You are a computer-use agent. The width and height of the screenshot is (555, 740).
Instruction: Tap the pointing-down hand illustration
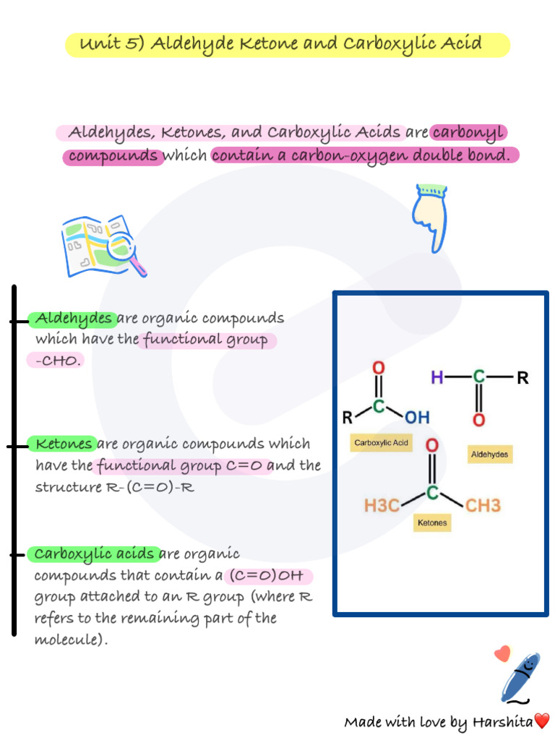click(430, 217)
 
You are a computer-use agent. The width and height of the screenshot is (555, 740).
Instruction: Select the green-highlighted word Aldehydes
click(74, 319)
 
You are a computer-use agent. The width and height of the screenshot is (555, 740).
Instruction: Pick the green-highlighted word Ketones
click(64, 444)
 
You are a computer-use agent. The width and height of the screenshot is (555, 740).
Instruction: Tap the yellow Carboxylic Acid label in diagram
click(381, 443)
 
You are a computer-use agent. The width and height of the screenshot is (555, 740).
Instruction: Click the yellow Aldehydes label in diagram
click(489, 455)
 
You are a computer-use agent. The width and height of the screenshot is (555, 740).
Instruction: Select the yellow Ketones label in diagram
click(432, 522)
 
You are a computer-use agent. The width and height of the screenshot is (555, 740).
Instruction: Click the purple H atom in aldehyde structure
click(436, 377)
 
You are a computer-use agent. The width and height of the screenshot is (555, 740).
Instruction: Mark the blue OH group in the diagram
click(416, 417)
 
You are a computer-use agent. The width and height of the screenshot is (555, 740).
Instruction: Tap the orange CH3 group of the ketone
click(482, 505)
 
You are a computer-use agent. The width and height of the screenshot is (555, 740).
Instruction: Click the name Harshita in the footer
click(502, 722)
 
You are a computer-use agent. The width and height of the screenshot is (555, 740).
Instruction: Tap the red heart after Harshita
click(542, 720)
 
